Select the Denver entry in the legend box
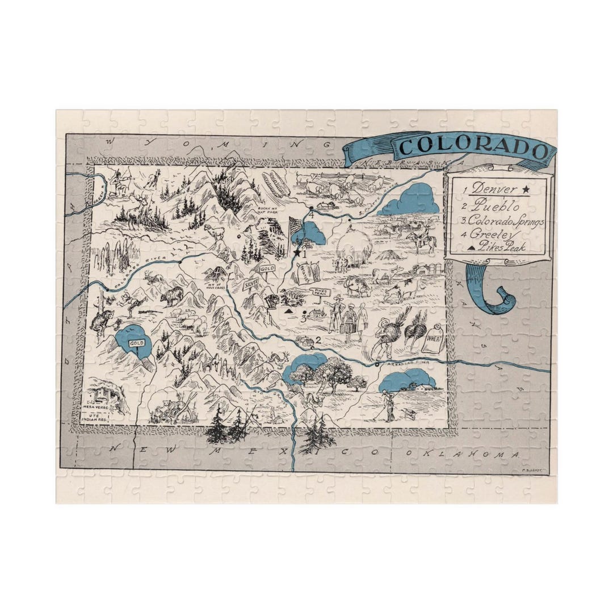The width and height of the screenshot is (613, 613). tap(494, 188)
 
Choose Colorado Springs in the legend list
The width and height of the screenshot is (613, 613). tap(505, 221)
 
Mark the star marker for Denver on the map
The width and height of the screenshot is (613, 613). tap(296, 253)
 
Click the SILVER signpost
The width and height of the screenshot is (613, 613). tap(251, 282)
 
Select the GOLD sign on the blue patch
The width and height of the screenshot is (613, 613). tap(136, 343)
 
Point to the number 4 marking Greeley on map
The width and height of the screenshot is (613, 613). tap(310, 214)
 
